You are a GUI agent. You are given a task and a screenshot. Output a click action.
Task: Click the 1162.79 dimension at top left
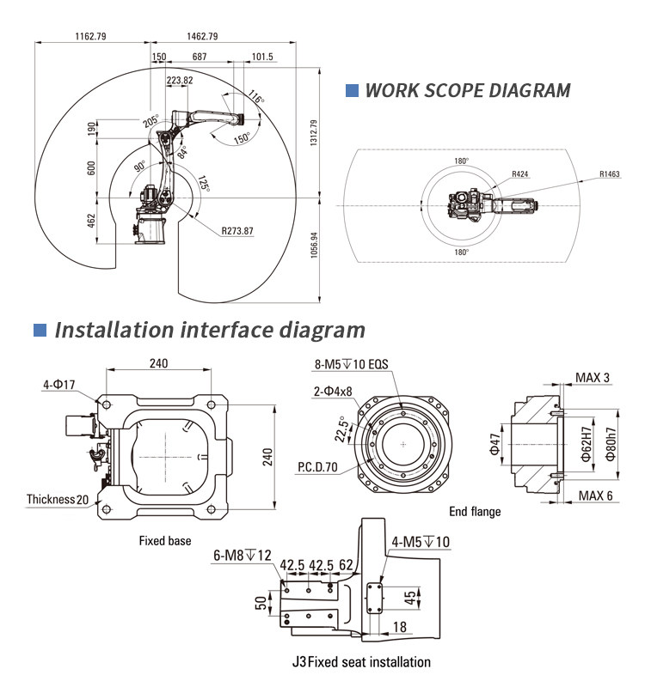pyautogui.click(x=90, y=36)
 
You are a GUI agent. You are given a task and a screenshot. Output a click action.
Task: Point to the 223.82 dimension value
pyautogui.click(x=179, y=80)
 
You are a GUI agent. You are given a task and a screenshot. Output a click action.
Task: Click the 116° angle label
pyautogui.click(x=255, y=99)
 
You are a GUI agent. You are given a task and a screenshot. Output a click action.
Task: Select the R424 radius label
pyautogui.click(x=519, y=173)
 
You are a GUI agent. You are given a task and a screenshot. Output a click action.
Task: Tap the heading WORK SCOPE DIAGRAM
pyautogui.click(x=468, y=90)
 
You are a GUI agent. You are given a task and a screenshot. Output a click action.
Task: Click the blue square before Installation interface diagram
pyautogui.click(x=39, y=330)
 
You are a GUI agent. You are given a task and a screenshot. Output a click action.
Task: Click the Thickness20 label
pyautogui.click(x=58, y=499)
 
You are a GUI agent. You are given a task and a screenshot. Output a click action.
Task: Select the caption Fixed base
pyautogui.click(x=165, y=541)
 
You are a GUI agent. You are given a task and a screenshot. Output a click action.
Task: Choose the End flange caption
pyautogui.click(x=475, y=512)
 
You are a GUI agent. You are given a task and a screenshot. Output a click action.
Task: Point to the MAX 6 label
pyautogui.click(x=595, y=495)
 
